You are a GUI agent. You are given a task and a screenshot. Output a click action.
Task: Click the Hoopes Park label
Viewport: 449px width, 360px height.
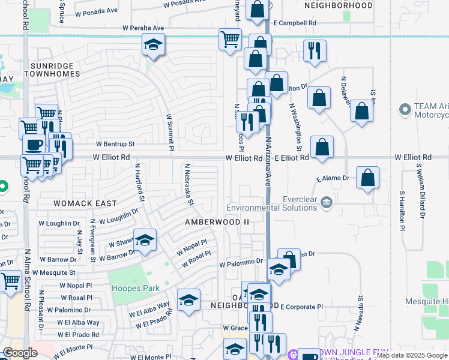pyautogui.click(x=136, y=288)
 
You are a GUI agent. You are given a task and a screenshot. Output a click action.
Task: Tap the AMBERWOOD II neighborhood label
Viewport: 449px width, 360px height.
pyautogui.click(x=217, y=222)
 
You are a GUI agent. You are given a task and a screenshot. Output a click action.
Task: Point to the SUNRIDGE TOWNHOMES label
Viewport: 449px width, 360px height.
pyautogui.click(x=52, y=70)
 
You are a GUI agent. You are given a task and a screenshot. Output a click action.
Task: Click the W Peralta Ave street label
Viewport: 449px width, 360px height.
pyautogui.click(x=143, y=28)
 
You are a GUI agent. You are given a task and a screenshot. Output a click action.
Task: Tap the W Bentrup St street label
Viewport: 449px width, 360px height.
pyautogui.click(x=115, y=144)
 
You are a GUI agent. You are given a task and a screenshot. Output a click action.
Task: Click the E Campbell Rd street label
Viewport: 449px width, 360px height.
pyautogui.click(x=294, y=23)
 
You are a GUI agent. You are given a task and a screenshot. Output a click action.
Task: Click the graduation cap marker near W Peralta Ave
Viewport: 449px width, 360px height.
pyautogui.click(x=153, y=45)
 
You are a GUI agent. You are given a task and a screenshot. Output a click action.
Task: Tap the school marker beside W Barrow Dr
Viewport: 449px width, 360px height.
pyautogui.click(x=144, y=240)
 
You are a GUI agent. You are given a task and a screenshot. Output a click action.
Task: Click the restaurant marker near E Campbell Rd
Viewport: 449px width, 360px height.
pyautogui.click(x=315, y=51)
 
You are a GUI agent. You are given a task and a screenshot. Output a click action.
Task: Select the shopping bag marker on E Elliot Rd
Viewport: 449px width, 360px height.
pyautogui.click(x=322, y=147)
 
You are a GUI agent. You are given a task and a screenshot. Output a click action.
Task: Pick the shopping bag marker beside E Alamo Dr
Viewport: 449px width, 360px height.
pyautogui.click(x=367, y=178)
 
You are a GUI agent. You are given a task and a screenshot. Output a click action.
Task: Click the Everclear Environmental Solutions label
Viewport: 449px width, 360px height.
pyautogui.click(x=271, y=204)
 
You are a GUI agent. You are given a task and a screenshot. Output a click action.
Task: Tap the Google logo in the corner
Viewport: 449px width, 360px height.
pyautogui.click(x=20, y=353)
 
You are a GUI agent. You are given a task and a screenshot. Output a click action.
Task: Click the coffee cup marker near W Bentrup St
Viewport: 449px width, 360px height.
pyautogui.click(x=34, y=146)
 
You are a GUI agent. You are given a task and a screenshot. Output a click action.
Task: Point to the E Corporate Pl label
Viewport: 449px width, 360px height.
pyautogui.click(x=301, y=307)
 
